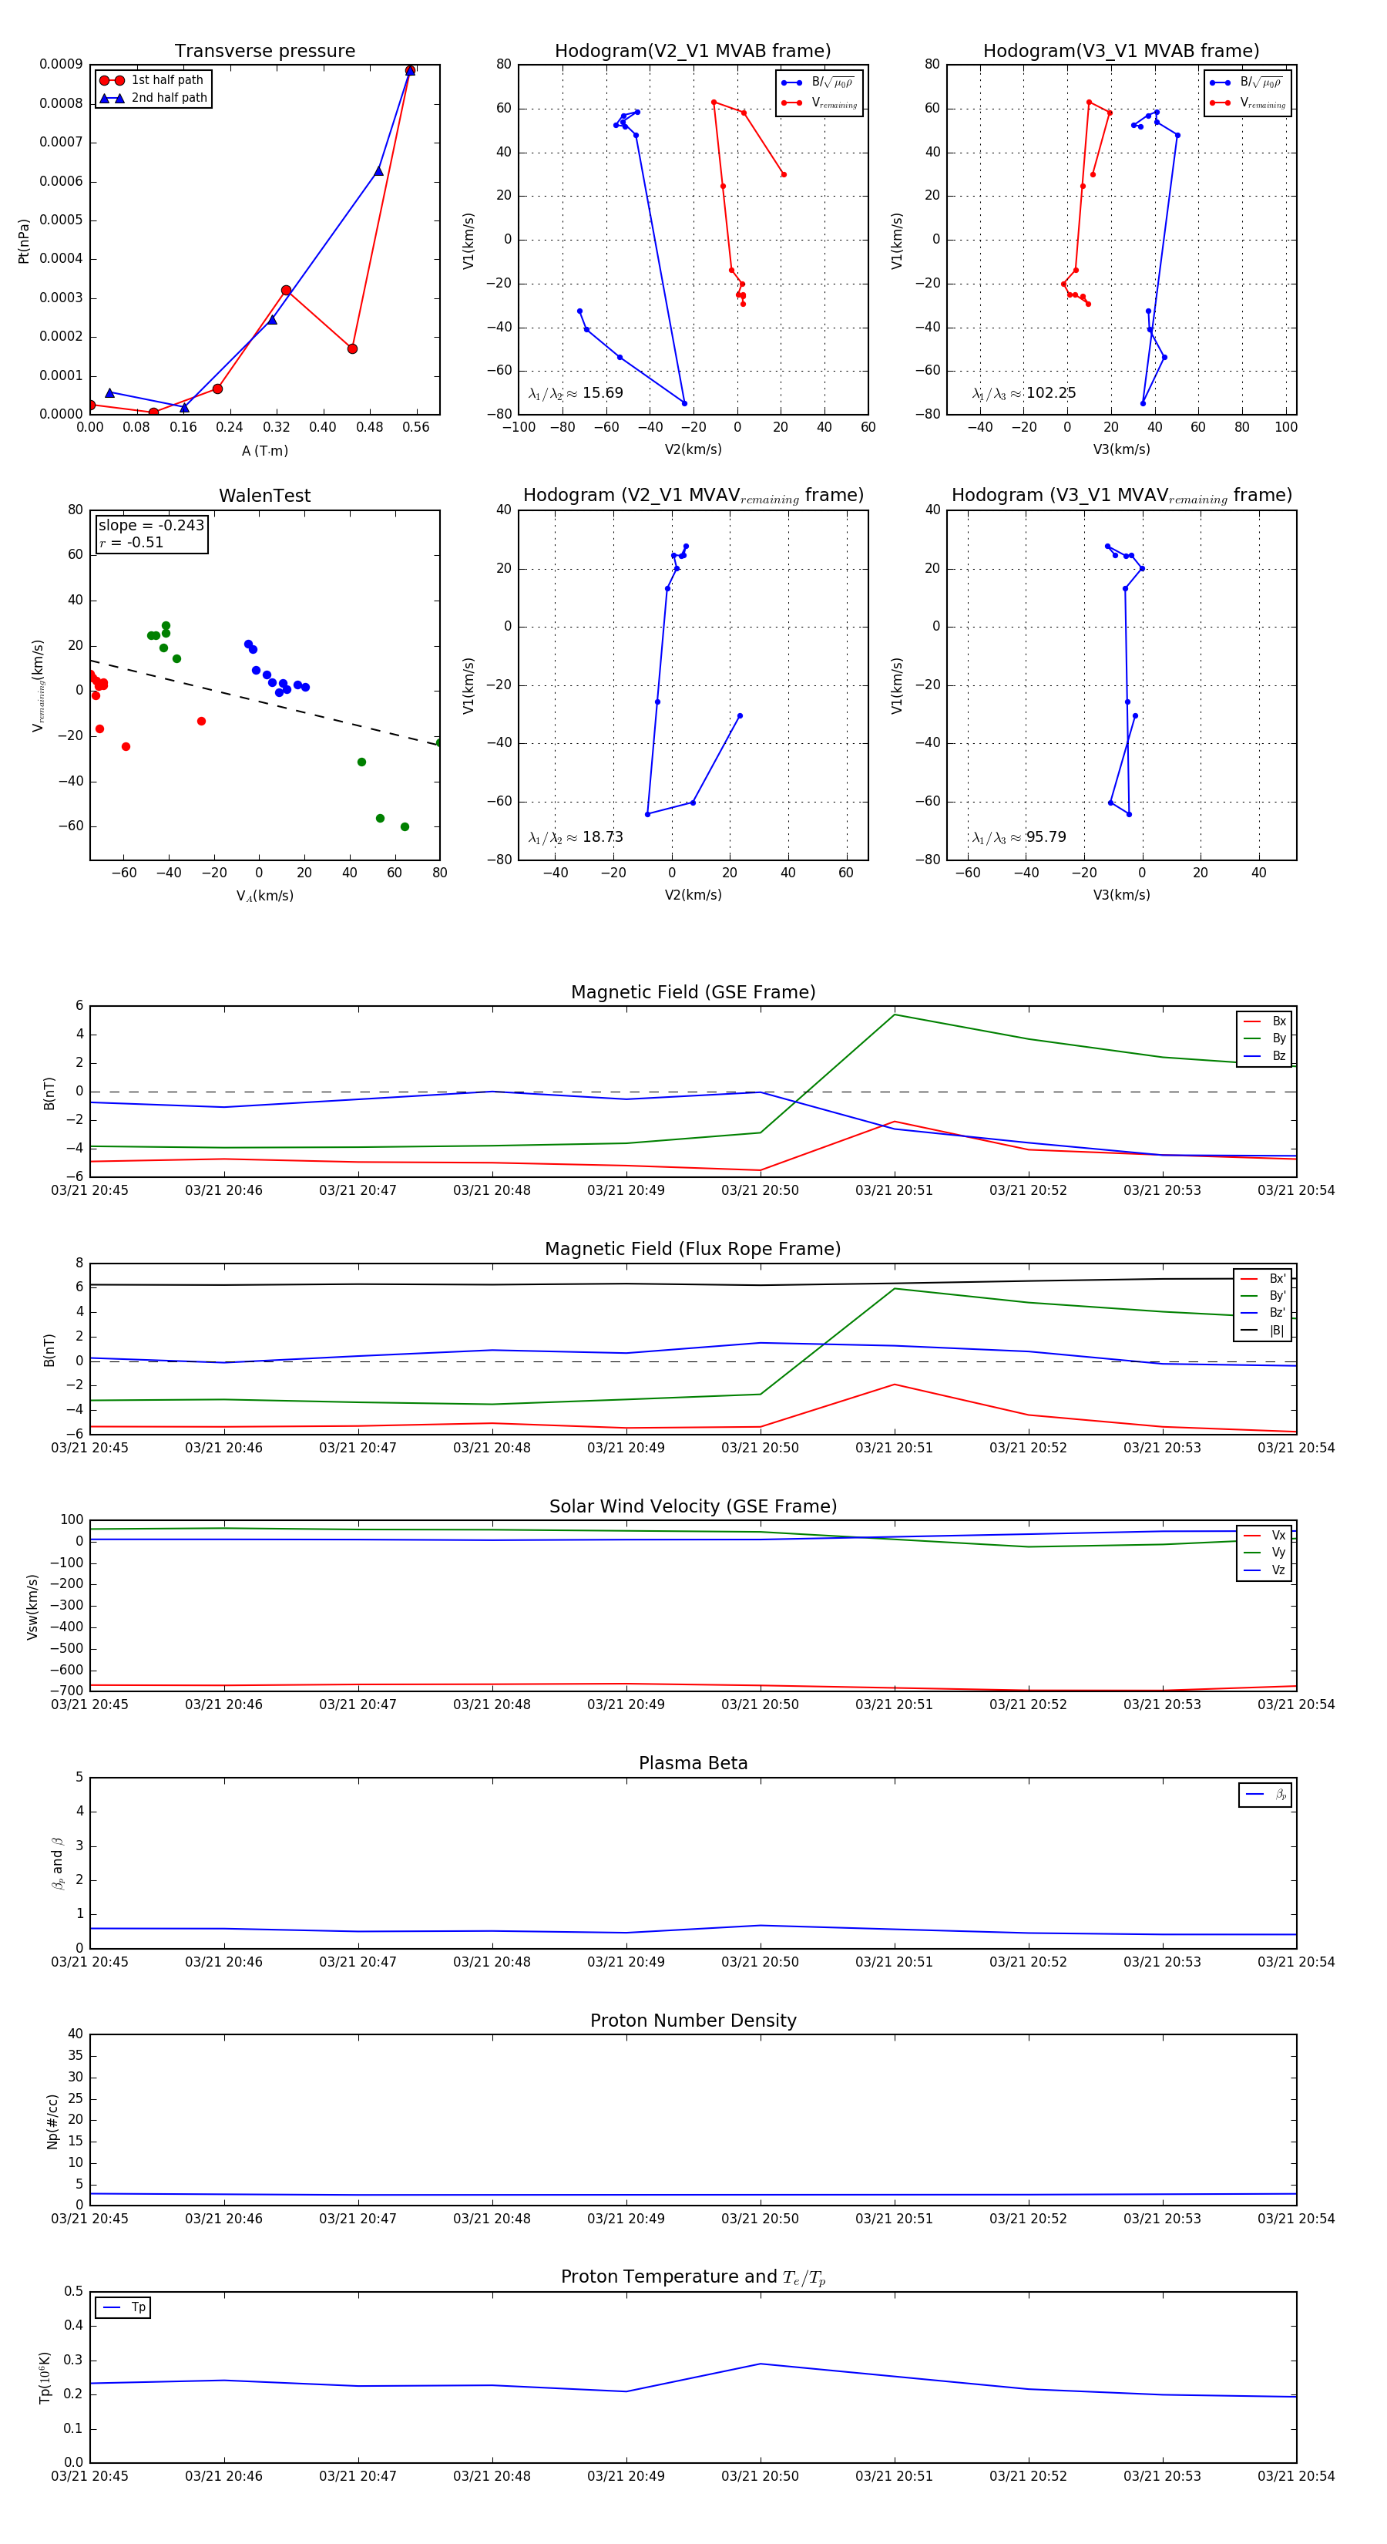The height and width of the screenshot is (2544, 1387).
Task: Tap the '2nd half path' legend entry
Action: tap(169, 98)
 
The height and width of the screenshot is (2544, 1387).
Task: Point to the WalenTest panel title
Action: tap(264, 496)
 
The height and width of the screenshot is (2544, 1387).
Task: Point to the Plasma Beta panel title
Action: tap(693, 1763)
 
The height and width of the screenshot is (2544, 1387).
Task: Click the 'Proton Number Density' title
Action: tap(693, 2020)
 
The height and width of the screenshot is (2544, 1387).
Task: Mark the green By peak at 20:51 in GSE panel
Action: tap(895, 1015)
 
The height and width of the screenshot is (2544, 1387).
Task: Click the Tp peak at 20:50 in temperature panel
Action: tap(760, 2364)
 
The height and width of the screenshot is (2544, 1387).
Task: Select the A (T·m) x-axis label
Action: tap(264, 450)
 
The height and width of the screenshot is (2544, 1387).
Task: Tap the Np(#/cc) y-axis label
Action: tap(52, 2122)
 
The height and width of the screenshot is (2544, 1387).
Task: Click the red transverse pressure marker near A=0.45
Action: tap(352, 348)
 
